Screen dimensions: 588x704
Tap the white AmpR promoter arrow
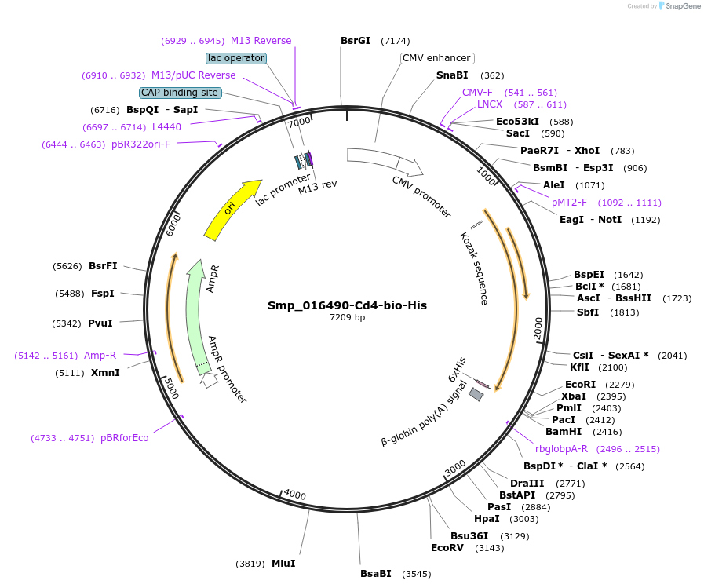pyautogui.click(x=209, y=380)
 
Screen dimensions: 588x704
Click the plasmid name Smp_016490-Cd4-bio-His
pyautogui.click(x=347, y=305)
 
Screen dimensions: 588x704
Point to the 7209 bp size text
pyautogui.click(x=347, y=318)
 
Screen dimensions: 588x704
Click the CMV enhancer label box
pyautogui.click(x=436, y=58)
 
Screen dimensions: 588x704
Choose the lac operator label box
pyautogui.click(x=235, y=58)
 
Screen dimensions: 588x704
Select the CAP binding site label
pyautogui.click(x=180, y=93)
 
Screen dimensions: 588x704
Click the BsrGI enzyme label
pyautogui.click(x=356, y=41)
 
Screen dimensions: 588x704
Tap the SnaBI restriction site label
pyautogui.click(x=452, y=75)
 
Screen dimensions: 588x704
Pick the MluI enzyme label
pyautogui.click(x=283, y=564)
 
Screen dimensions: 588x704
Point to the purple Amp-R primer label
pyautogui.click(x=100, y=356)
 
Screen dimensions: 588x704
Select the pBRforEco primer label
pyautogui.click(x=124, y=438)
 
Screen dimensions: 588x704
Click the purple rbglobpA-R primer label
pyautogui.click(x=561, y=449)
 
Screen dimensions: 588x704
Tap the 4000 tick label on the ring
pyautogui.click(x=295, y=495)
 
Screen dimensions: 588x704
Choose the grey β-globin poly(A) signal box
pyautogui.click(x=476, y=395)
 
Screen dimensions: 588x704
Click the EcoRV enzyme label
pyautogui.click(x=447, y=548)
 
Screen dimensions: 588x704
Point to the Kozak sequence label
pyautogui.click(x=474, y=268)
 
